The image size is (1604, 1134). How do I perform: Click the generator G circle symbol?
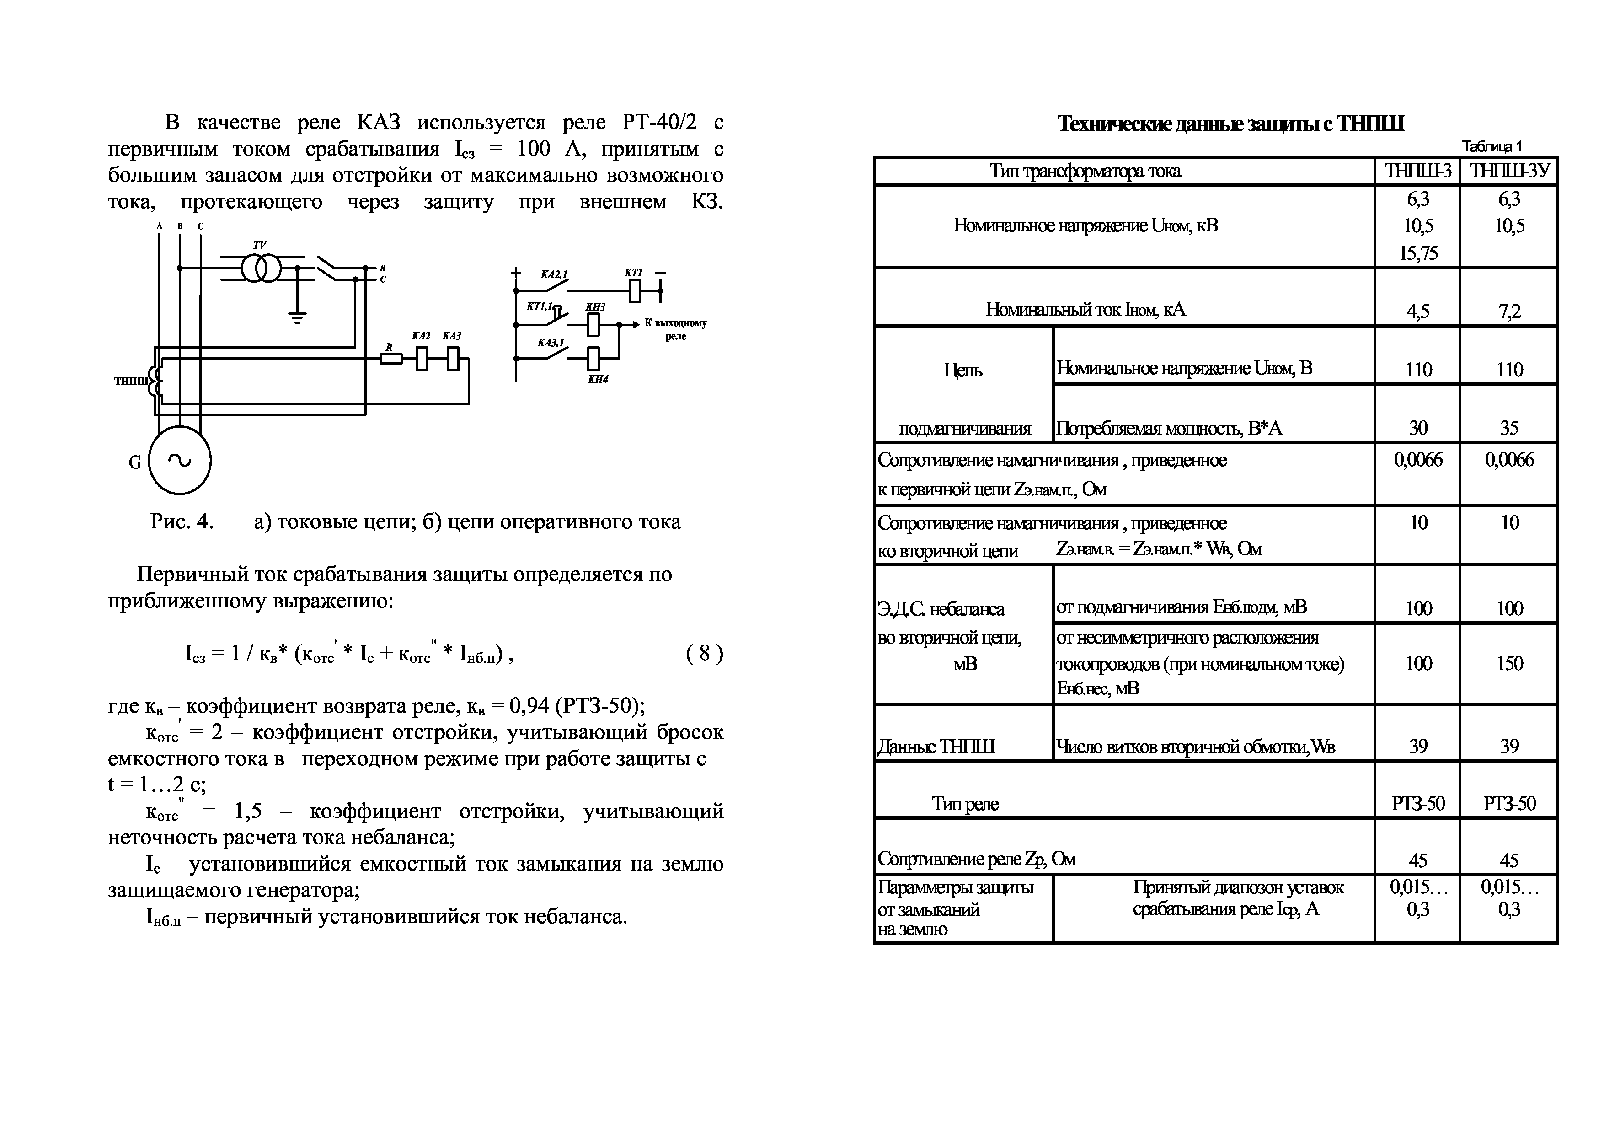pos(180,461)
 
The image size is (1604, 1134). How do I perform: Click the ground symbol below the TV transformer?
pos(298,319)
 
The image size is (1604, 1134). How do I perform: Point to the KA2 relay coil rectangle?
pos(422,359)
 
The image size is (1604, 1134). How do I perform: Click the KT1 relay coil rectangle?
pos(634,290)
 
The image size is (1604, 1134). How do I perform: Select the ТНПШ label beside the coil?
pos(131,381)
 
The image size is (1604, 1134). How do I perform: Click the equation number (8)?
pos(704,653)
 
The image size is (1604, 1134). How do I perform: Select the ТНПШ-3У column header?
pos(1509,171)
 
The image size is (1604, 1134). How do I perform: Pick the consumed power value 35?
pos(1509,428)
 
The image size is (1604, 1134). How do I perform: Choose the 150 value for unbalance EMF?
pos(1509,663)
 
